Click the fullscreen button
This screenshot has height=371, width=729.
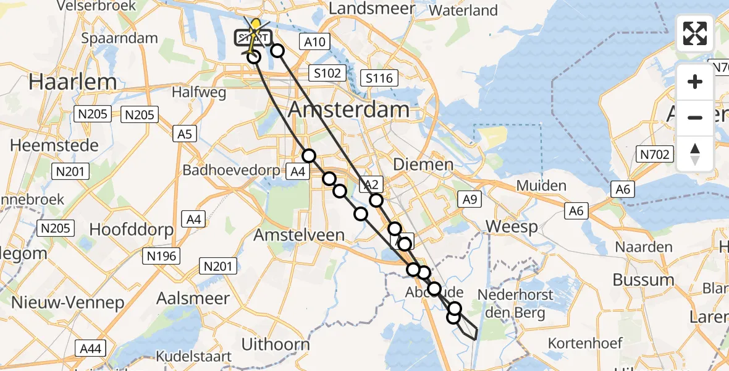(x=695, y=33)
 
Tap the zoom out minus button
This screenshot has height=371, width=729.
(x=695, y=117)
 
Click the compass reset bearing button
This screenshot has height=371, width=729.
(x=695, y=153)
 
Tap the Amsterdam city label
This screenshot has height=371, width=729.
(x=349, y=110)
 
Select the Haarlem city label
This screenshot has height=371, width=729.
(x=73, y=82)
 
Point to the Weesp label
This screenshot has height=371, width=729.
(x=512, y=226)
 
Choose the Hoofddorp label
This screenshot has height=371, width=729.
(x=132, y=229)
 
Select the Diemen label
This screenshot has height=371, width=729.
(x=432, y=164)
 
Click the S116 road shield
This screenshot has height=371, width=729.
(x=379, y=79)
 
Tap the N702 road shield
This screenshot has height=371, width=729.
(x=655, y=154)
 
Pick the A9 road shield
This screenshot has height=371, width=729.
(x=469, y=198)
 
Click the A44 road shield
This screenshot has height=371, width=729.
(x=91, y=349)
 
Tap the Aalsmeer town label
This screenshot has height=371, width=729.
(x=187, y=298)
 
